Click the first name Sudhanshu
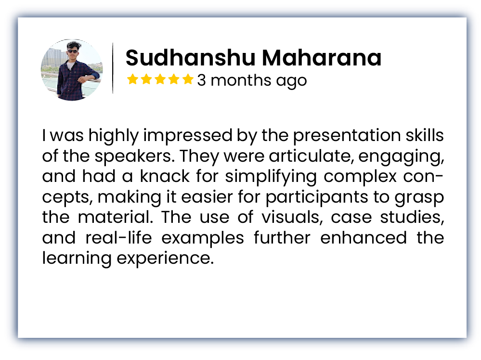(x=191, y=57)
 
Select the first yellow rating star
(x=132, y=79)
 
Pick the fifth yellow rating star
(x=188, y=79)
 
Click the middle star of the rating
(x=160, y=79)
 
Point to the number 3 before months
(x=201, y=80)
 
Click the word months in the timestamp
(x=241, y=80)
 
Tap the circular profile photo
(x=72, y=70)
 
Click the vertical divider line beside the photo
(x=113, y=68)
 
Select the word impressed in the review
(x=188, y=136)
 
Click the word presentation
(x=347, y=136)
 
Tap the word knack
(x=165, y=176)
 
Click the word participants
(x=317, y=197)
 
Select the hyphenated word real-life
(x=118, y=238)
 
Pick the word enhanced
(x=364, y=238)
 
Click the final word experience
(x=165, y=258)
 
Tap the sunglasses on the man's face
(x=73, y=51)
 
